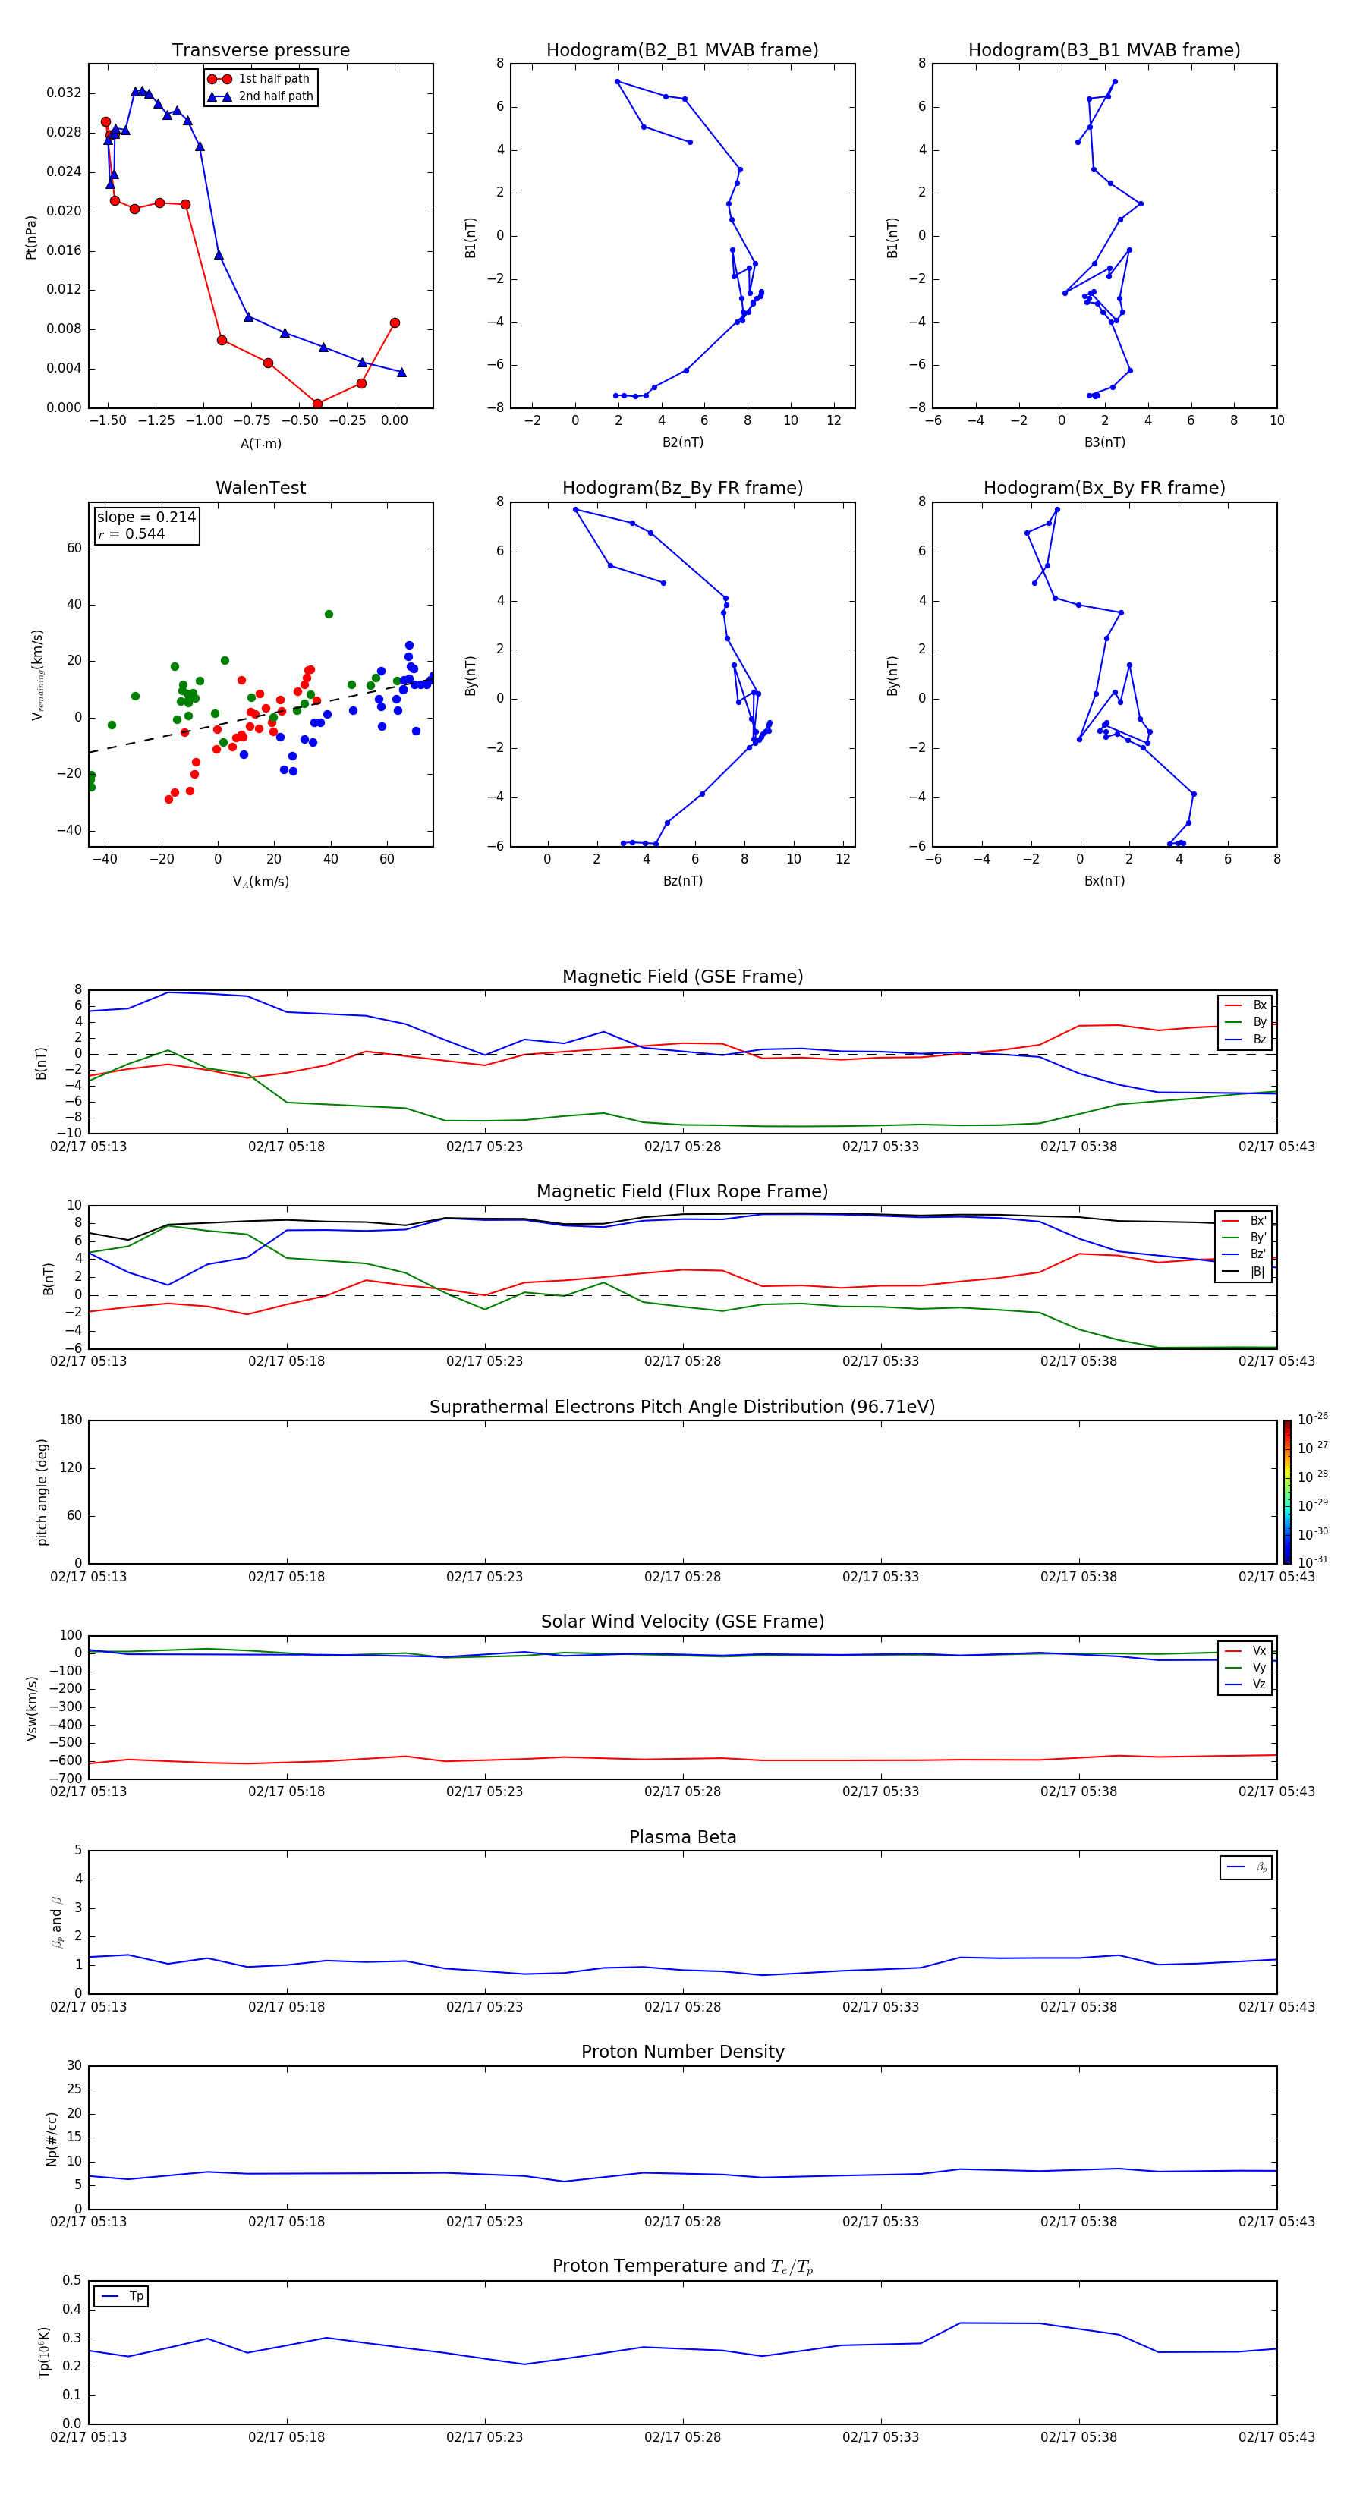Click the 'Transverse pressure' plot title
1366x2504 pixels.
(x=260, y=51)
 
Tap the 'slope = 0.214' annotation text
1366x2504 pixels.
(x=146, y=517)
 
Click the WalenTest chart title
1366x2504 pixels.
(x=260, y=488)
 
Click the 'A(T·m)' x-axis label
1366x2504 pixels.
(x=260, y=443)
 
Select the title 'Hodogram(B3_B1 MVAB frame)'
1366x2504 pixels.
(x=1103, y=51)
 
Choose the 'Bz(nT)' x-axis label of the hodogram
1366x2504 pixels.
(x=682, y=881)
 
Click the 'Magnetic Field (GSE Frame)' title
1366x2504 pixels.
(x=682, y=977)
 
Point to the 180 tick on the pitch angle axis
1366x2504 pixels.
(x=71, y=1420)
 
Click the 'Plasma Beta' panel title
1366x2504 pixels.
(x=682, y=1837)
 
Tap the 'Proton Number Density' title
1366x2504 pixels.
(x=682, y=2052)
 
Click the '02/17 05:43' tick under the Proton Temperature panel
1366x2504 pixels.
(x=1276, y=2437)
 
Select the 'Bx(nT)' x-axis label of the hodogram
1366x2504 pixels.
(x=1103, y=881)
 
